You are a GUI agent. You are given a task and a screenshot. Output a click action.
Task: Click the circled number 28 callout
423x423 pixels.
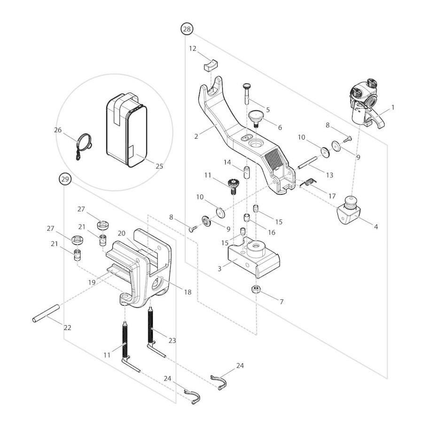coord(187,29)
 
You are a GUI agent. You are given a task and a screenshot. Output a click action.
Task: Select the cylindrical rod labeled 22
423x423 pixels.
coord(45,313)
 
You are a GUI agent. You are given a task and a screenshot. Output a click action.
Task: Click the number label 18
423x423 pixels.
coord(188,292)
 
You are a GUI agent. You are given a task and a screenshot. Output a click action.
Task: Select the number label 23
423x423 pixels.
coord(172,340)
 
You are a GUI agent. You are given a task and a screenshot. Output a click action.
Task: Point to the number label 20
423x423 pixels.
coord(122,233)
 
